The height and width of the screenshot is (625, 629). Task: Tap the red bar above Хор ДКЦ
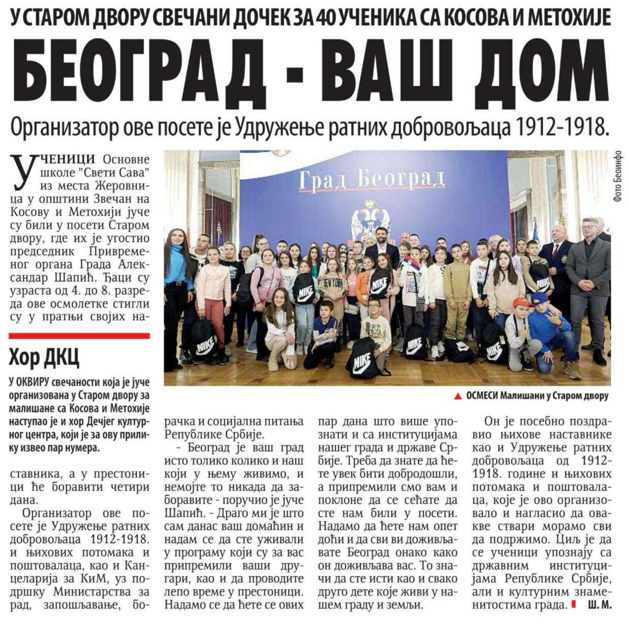click(79, 335)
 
